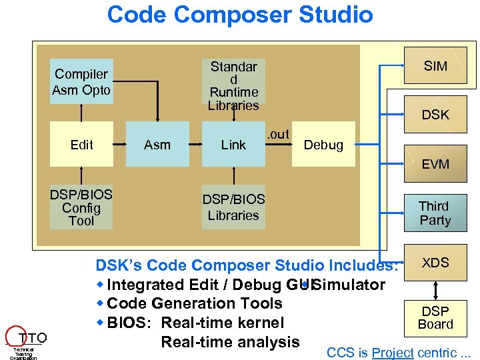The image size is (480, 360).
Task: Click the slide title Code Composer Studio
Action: click(240, 14)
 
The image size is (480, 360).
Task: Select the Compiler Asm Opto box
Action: click(82, 82)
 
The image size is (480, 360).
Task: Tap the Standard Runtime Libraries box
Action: click(233, 85)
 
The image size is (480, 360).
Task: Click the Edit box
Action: click(81, 145)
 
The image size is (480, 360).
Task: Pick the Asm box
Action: click(157, 145)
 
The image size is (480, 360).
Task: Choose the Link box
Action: click(233, 145)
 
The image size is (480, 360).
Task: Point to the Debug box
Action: click(323, 145)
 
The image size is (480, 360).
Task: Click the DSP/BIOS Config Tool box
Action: click(81, 207)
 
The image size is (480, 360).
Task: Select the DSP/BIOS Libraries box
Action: click(233, 207)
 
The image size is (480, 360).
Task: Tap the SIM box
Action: click(435, 66)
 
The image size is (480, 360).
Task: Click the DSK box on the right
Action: click(435, 115)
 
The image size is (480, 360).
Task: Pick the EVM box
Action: click(435, 164)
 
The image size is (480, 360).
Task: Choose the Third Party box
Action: click(435, 213)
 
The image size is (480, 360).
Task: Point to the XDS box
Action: click(435, 263)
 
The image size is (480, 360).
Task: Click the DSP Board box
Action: click(435, 318)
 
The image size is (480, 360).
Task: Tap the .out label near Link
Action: click(278, 134)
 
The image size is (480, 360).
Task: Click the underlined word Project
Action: click(393, 353)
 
